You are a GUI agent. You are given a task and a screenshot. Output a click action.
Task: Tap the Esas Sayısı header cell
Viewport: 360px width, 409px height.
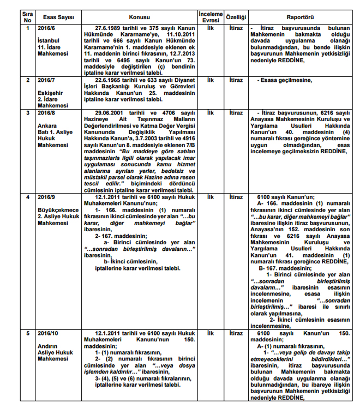[x=55, y=17]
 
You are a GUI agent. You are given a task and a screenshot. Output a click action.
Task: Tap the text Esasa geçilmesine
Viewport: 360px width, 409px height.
[x=286, y=80]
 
